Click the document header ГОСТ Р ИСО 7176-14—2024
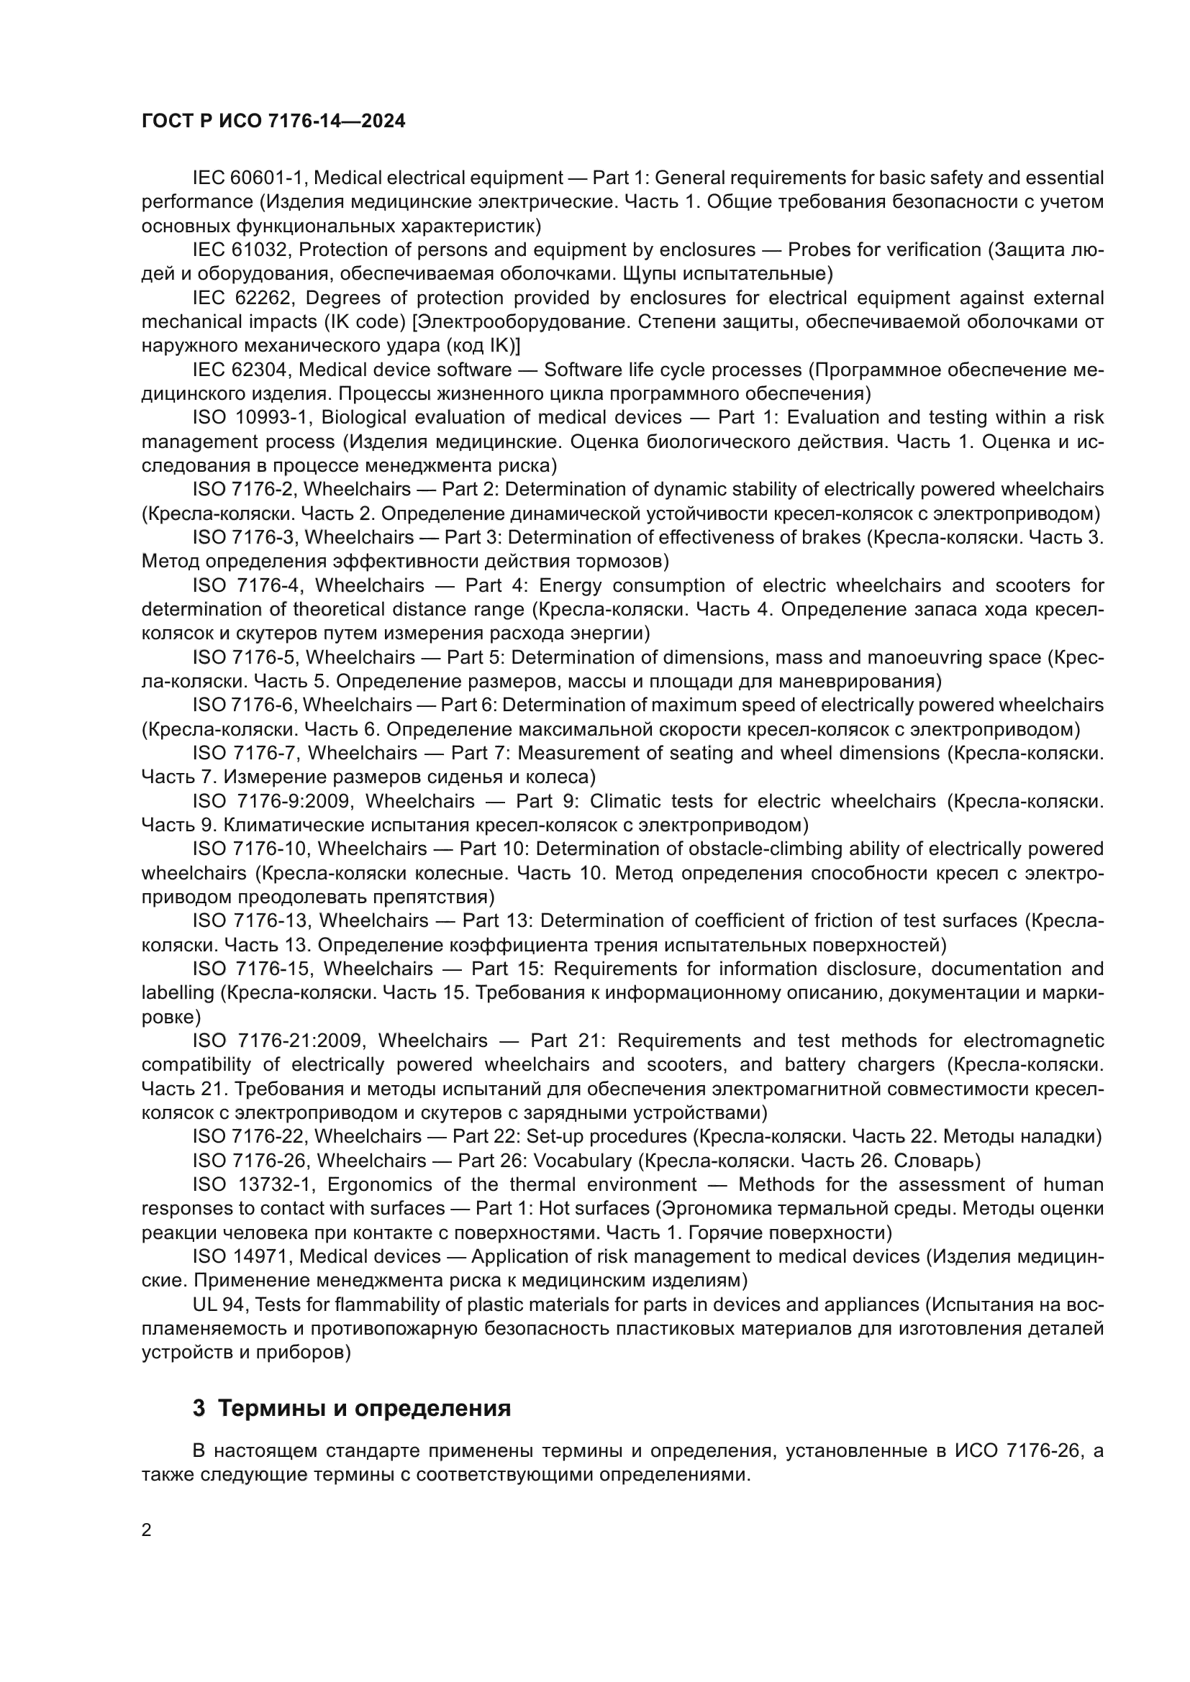pos(273,122)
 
